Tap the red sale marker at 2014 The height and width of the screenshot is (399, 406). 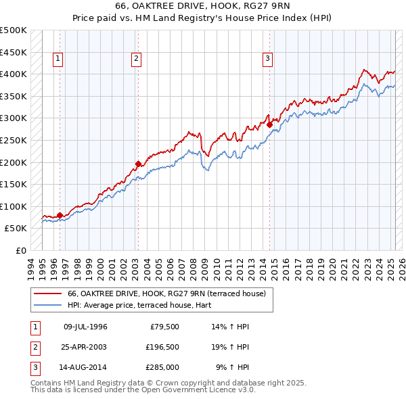(x=269, y=124)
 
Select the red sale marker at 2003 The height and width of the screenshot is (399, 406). (x=138, y=163)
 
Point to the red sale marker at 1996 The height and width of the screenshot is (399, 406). (x=60, y=215)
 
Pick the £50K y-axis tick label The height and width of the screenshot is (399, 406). (x=16, y=229)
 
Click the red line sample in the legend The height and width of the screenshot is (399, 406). (x=48, y=294)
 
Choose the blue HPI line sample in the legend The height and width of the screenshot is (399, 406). (x=48, y=305)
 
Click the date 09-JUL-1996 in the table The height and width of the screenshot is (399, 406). (x=85, y=327)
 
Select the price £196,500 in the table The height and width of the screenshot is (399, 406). (x=162, y=347)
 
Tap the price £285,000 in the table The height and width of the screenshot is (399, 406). (x=162, y=367)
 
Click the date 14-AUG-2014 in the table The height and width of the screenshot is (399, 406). (x=85, y=367)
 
